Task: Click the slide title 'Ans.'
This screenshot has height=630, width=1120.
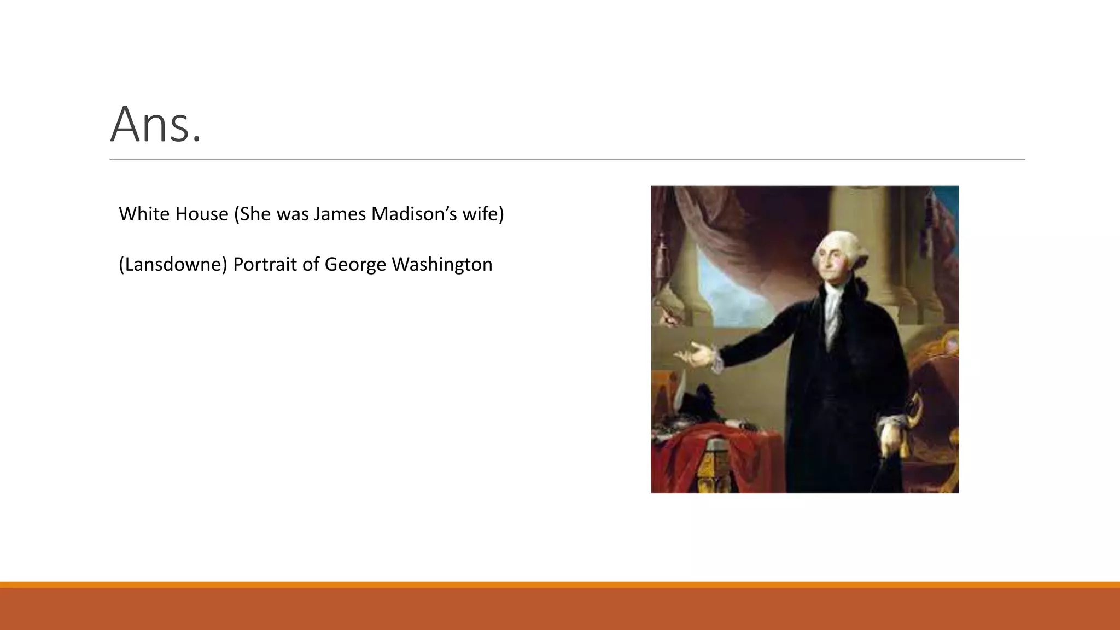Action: [x=156, y=125]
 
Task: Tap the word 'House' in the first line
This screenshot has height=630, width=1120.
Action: [x=203, y=214]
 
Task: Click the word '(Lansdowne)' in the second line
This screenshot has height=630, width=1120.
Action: [x=173, y=265]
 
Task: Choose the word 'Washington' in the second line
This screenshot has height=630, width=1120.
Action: [x=442, y=265]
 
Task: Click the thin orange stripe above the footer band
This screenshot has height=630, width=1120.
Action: [x=560, y=585]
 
